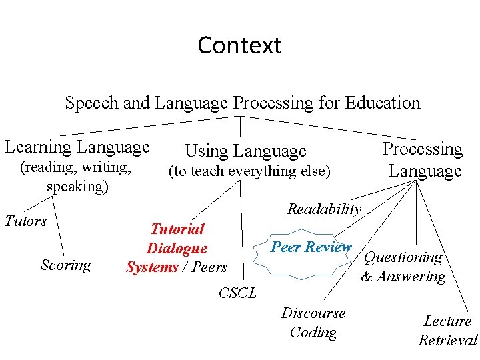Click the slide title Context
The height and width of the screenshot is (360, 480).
[x=239, y=45]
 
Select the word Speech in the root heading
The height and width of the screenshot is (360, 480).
[x=91, y=103]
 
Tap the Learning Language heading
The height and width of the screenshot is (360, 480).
[x=77, y=147]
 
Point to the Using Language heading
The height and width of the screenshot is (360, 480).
[x=245, y=151]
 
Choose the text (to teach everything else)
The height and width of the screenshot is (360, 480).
[x=249, y=171]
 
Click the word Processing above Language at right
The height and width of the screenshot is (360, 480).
[x=422, y=149]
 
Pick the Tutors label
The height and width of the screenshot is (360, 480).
[x=26, y=221]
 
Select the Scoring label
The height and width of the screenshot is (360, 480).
[x=65, y=265]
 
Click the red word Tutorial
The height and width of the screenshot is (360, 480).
[x=177, y=229]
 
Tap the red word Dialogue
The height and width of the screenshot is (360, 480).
[x=177, y=249]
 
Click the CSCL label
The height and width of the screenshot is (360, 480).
[x=237, y=293]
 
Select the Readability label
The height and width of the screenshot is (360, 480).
[x=324, y=209]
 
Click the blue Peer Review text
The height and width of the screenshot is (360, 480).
[x=311, y=247]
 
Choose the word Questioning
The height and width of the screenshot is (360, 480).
[x=403, y=257]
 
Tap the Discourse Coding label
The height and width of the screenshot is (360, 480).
[x=313, y=323]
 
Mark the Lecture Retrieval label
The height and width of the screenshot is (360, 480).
[x=448, y=331]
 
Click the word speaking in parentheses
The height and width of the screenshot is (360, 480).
[x=77, y=186]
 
